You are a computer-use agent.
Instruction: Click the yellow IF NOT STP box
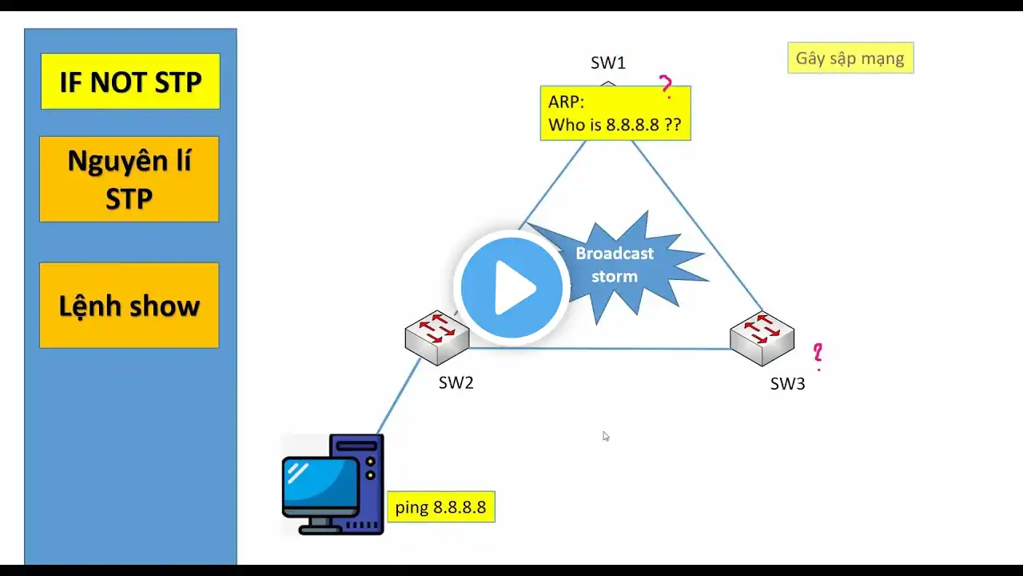[x=130, y=82]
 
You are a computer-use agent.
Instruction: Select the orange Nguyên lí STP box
[x=129, y=179]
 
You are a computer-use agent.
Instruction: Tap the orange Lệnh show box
[x=129, y=306]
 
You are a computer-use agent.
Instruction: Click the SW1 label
[x=607, y=63]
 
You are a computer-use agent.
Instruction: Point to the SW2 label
[x=456, y=383]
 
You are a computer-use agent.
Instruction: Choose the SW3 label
[x=787, y=384]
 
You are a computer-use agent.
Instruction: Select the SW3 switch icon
[x=762, y=337]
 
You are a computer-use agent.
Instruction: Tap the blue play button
[x=511, y=286]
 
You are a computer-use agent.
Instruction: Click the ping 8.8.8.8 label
[x=440, y=507]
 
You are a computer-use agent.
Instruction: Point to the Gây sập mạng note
[x=850, y=58]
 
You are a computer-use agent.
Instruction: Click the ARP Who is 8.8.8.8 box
[x=615, y=114]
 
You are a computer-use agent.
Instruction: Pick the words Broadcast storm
[x=615, y=265]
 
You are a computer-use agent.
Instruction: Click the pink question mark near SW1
[x=665, y=85]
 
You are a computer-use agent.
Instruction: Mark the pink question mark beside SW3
[x=818, y=354]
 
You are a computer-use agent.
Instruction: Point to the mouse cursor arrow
[x=606, y=436]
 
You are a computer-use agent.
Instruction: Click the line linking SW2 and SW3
[x=599, y=348]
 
